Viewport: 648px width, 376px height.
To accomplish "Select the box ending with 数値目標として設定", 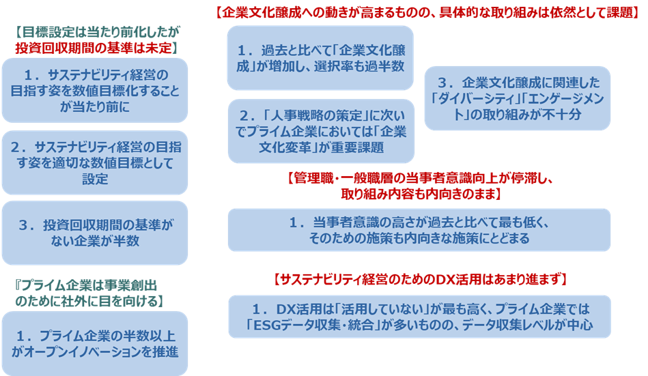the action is [94, 162].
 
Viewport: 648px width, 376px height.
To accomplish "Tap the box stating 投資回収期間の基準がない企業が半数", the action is [94, 233].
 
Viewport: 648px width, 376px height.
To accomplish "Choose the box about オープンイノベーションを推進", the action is [94, 343].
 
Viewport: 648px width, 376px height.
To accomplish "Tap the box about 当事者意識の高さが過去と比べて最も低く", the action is [419, 230].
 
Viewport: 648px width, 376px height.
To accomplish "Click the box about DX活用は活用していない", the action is [419, 317].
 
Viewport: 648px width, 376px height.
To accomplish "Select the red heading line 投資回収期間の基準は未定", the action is [95, 48].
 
